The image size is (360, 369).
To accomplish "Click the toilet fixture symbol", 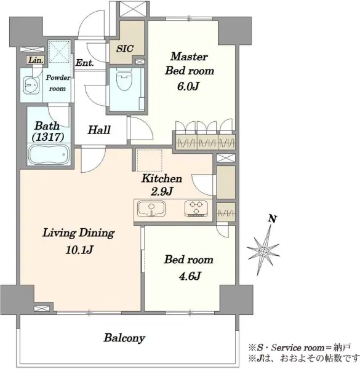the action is (124, 81).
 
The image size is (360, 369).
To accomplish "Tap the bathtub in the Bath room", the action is (49, 154).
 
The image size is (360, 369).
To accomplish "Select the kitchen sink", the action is (151, 208).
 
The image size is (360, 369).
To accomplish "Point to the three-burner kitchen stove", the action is (196, 208).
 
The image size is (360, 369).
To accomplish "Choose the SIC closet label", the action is (125, 49).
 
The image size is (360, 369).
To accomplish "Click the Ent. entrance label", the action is (84, 63).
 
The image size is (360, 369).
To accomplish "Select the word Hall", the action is (99, 130).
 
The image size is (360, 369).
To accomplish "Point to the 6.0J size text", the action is (188, 87).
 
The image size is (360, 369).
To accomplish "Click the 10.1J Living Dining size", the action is (79, 250).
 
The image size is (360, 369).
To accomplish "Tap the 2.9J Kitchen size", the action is (162, 191).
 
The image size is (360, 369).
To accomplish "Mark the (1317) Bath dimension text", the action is (48, 137).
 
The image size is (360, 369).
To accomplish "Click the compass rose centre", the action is (264, 251).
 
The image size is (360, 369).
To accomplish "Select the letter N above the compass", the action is (272, 219).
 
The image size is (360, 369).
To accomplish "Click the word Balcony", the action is (124, 338).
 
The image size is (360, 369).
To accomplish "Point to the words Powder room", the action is (58, 83).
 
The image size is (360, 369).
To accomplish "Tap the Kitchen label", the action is (162, 178).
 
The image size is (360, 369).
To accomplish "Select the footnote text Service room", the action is (298, 347).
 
